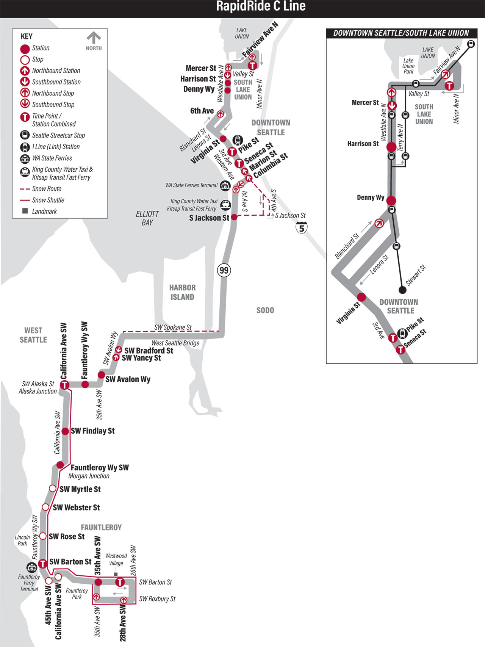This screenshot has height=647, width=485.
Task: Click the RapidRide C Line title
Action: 261,6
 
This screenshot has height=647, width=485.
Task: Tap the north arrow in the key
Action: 94,38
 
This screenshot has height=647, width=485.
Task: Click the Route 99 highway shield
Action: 224,270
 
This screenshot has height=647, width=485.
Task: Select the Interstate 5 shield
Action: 302,227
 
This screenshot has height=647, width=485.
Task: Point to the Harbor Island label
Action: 182,292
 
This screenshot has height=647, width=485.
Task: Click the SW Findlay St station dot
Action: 65,431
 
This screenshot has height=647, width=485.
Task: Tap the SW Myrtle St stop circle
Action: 53,489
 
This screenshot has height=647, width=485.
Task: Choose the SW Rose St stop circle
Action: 43,536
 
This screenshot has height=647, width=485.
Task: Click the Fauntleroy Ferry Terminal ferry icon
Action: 31,567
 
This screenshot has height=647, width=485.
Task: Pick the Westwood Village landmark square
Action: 116,574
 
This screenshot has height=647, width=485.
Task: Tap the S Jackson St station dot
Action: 234,217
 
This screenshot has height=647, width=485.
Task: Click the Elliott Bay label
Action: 147,218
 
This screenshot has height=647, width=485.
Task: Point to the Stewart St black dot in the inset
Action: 402,290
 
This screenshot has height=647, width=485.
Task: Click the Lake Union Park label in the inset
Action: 408,66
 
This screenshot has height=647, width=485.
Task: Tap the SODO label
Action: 265,310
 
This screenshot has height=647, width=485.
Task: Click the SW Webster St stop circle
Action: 45,507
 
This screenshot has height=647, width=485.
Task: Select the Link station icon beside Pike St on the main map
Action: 237,140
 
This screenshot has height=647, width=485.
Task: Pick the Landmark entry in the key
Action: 39,211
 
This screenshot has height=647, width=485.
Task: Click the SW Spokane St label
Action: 173,327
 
